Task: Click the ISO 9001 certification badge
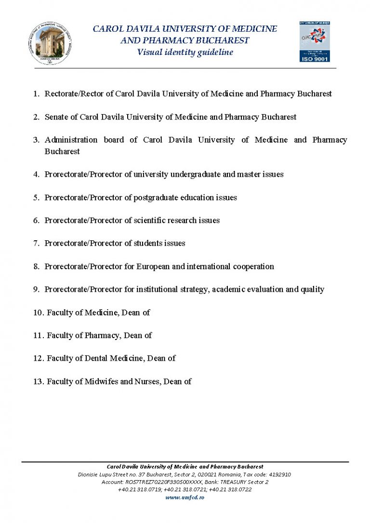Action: point(315,41)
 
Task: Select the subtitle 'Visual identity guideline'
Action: point(185,52)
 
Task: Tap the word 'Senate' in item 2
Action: point(57,117)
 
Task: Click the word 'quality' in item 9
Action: point(312,289)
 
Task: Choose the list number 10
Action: point(39,313)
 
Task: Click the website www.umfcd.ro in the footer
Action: point(185,497)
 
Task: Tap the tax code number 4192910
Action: point(277,474)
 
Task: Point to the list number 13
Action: point(39,381)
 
